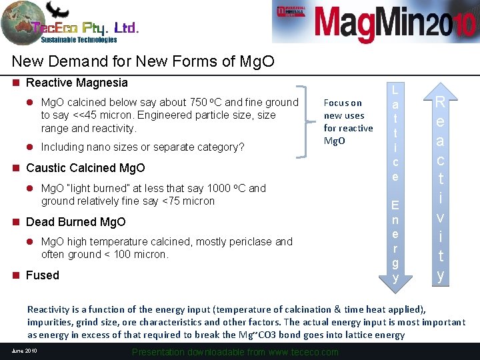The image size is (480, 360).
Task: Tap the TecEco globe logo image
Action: pyautogui.click(x=23, y=23)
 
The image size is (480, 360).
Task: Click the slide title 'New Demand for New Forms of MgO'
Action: pyautogui.click(x=143, y=62)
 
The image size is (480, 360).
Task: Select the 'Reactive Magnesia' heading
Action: pyautogui.click(x=76, y=83)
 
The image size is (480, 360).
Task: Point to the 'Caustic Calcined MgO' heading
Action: pyautogui.click(x=85, y=168)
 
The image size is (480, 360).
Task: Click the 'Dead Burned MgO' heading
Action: pyautogui.click(x=75, y=222)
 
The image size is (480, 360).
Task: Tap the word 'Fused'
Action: pyautogui.click(x=42, y=275)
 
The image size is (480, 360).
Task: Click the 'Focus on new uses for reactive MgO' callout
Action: pyautogui.click(x=347, y=121)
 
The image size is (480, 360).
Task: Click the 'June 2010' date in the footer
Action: pyautogui.click(x=24, y=351)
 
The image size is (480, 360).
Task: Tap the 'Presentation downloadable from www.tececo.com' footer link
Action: pyautogui.click(x=235, y=352)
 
